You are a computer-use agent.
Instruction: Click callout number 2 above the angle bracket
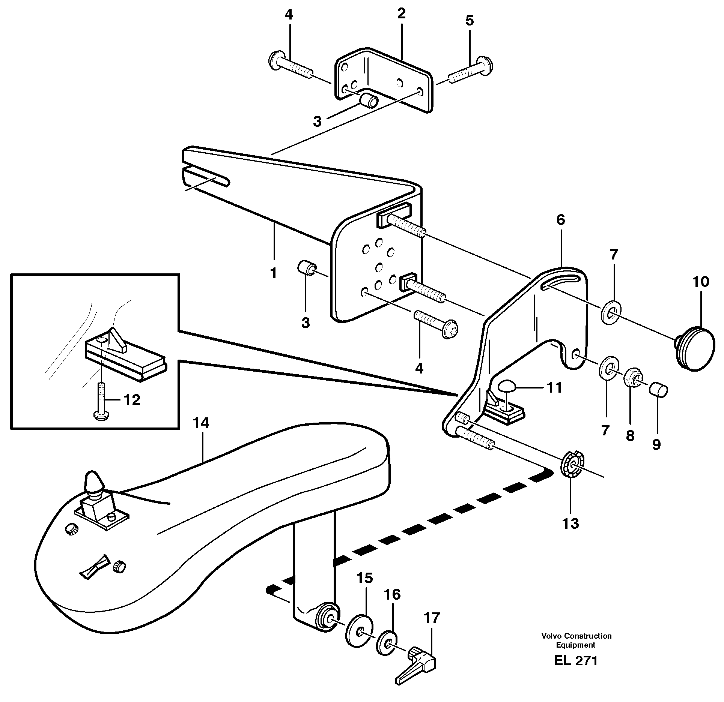coord(401,14)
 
